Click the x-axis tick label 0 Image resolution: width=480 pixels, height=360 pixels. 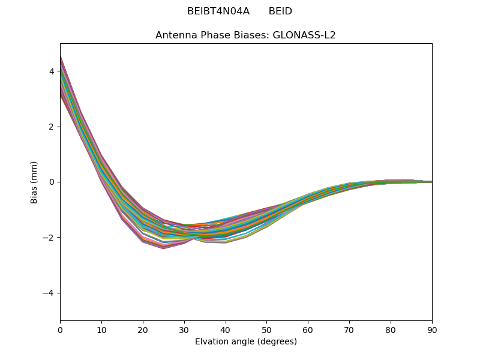pyautogui.click(x=60, y=329)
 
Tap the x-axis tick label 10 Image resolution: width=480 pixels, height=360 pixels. pyautogui.click(x=101, y=329)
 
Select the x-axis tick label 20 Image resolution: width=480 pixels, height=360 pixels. pyautogui.click(x=143, y=329)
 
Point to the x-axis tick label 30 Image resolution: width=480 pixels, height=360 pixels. pyautogui.click(x=184, y=329)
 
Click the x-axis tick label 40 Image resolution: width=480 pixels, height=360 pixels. pyautogui.click(x=226, y=329)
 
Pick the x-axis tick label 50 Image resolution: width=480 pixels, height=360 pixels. pyautogui.click(x=266, y=329)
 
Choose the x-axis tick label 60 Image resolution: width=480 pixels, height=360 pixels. pyautogui.click(x=308, y=329)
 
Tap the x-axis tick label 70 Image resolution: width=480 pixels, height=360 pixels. pyautogui.click(x=349, y=329)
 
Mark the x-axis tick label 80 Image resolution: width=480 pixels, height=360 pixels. pyautogui.click(x=391, y=329)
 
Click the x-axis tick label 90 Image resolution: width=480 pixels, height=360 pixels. pyautogui.click(x=432, y=329)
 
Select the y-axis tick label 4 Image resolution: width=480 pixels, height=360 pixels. pyautogui.click(x=52, y=71)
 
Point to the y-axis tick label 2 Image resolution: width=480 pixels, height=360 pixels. pyautogui.click(x=52, y=127)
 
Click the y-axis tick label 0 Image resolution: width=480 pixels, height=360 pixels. pyautogui.click(x=52, y=182)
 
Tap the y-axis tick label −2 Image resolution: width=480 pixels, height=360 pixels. pyautogui.click(x=49, y=238)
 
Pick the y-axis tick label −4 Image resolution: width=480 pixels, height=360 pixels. pyautogui.click(x=49, y=293)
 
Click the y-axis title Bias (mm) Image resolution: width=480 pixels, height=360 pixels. pyautogui.click(x=34, y=182)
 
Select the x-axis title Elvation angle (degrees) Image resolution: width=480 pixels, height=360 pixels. pyautogui.click(x=246, y=341)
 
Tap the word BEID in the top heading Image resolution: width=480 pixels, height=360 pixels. pyautogui.click(x=280, y=11)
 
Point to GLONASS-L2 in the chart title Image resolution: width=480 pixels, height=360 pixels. pyautogui.click(x=304, y=35)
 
